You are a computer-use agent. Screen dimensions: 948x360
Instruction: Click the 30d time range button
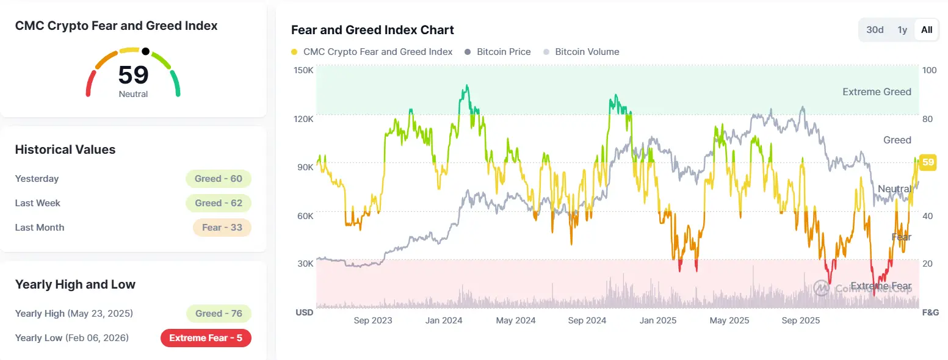875,30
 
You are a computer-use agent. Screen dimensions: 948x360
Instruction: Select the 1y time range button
902,30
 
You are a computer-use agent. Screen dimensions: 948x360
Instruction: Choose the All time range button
927,30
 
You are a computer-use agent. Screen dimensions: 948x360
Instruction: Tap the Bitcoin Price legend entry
498,52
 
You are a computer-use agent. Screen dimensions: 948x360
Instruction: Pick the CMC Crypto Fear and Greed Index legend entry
372,52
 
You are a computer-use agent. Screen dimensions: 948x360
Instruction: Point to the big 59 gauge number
133,75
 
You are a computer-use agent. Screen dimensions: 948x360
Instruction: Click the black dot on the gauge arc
145,51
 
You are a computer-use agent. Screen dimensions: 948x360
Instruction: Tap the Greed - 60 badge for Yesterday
219,179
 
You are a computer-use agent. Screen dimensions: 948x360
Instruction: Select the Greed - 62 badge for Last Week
219,203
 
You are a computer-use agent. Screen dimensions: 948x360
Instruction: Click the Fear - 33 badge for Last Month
222,228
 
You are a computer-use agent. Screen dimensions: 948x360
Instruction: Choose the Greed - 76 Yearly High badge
219,314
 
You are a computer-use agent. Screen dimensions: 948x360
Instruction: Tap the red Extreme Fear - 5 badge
206,338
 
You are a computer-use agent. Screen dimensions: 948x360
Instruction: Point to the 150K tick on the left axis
303,70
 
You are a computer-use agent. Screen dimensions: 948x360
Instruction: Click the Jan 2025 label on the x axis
657,321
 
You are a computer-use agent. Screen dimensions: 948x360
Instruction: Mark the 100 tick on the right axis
929,70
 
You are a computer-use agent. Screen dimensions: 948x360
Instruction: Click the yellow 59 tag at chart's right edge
928,162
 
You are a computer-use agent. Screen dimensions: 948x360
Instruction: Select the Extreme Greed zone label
877,92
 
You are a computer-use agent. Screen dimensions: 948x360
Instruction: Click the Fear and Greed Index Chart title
372,30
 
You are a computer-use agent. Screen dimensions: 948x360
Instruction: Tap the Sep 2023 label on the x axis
373,321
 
